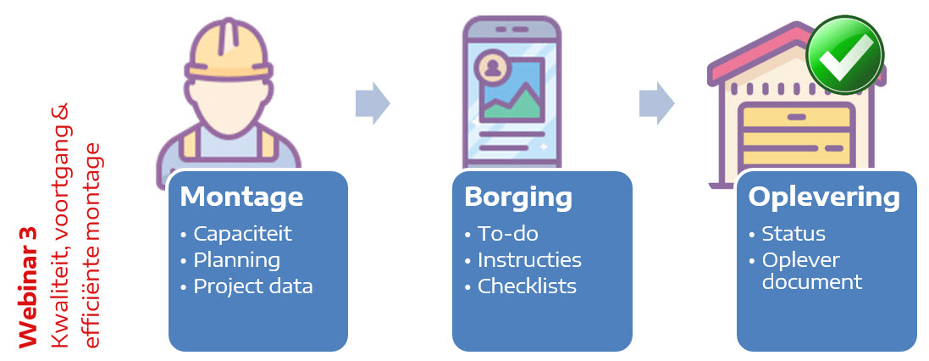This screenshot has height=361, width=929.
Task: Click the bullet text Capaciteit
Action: point(243,234)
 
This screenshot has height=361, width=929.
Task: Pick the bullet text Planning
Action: point(237,260)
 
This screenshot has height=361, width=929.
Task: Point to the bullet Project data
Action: point(253,286)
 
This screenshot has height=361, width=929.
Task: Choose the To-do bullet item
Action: point(508,234)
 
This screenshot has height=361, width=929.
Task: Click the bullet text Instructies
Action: point(529,259)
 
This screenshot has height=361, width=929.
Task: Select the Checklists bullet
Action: point(528,286)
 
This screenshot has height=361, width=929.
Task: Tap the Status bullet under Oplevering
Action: point(794,234)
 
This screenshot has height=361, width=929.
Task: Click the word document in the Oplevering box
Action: point(811,281)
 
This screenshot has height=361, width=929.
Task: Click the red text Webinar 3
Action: point(28,287)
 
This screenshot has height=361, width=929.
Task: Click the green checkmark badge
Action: point(845,55)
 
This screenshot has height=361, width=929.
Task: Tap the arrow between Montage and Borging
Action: point(373,103)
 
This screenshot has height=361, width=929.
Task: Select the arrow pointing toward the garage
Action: point(656,103)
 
